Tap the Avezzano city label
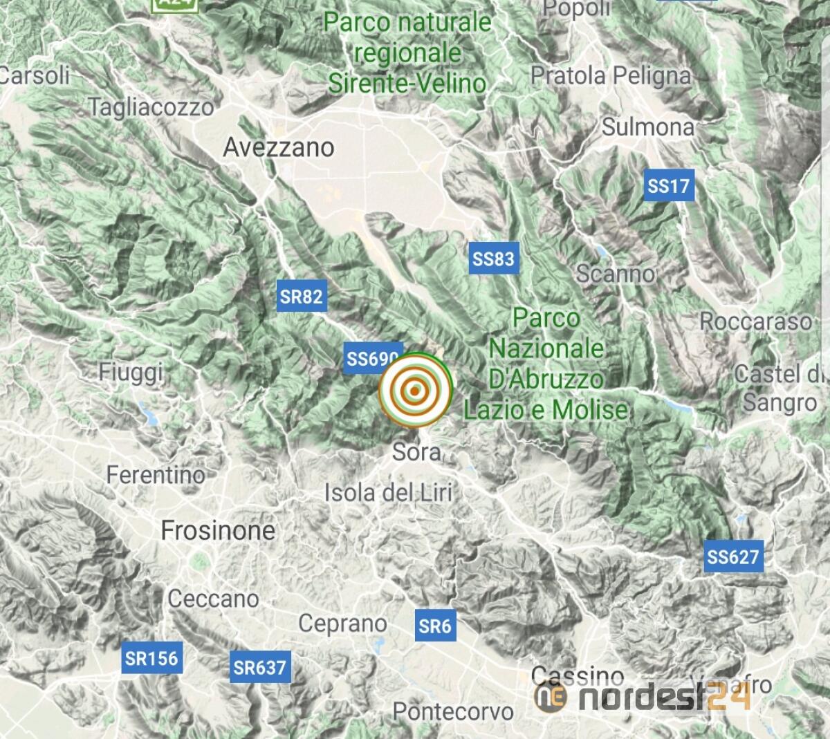point(279,147)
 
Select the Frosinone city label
point(218,531)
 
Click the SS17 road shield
point(668,185)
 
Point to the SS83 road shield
point(493,259)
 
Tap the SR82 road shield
point(301,297)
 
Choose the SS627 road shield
point(733,556)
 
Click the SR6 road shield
point(435,626)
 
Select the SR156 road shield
point(151,658)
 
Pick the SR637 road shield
point(259,667)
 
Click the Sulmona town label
point(648,127)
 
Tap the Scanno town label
point(616,274)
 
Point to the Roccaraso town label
point(755,321)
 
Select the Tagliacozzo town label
point(151,107)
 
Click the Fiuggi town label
point(131,372)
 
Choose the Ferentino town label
point(156,475)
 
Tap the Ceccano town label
point(213,599)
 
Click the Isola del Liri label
point(389,493)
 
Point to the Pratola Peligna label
point(611,75)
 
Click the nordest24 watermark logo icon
point(551,697)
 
